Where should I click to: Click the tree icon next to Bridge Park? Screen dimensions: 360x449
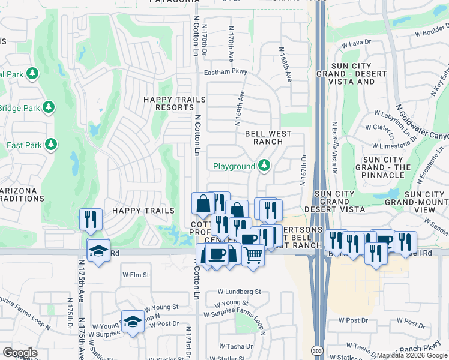[49, 108]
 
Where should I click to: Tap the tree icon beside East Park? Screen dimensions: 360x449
[51, 145]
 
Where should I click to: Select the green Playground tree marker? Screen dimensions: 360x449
[264, 166]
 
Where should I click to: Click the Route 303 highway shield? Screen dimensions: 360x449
[316, 349]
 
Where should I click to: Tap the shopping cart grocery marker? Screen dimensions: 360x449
[253, 256]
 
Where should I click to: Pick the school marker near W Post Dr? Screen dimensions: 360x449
[133, 321]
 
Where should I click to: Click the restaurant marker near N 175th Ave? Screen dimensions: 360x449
[91, 220]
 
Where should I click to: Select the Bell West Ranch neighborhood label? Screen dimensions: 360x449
[268, 137]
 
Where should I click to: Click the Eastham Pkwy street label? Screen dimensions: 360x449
[225, 71]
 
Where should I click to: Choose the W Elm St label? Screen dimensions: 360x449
[135, 275]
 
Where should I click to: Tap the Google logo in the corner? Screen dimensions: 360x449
[20, 353]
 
